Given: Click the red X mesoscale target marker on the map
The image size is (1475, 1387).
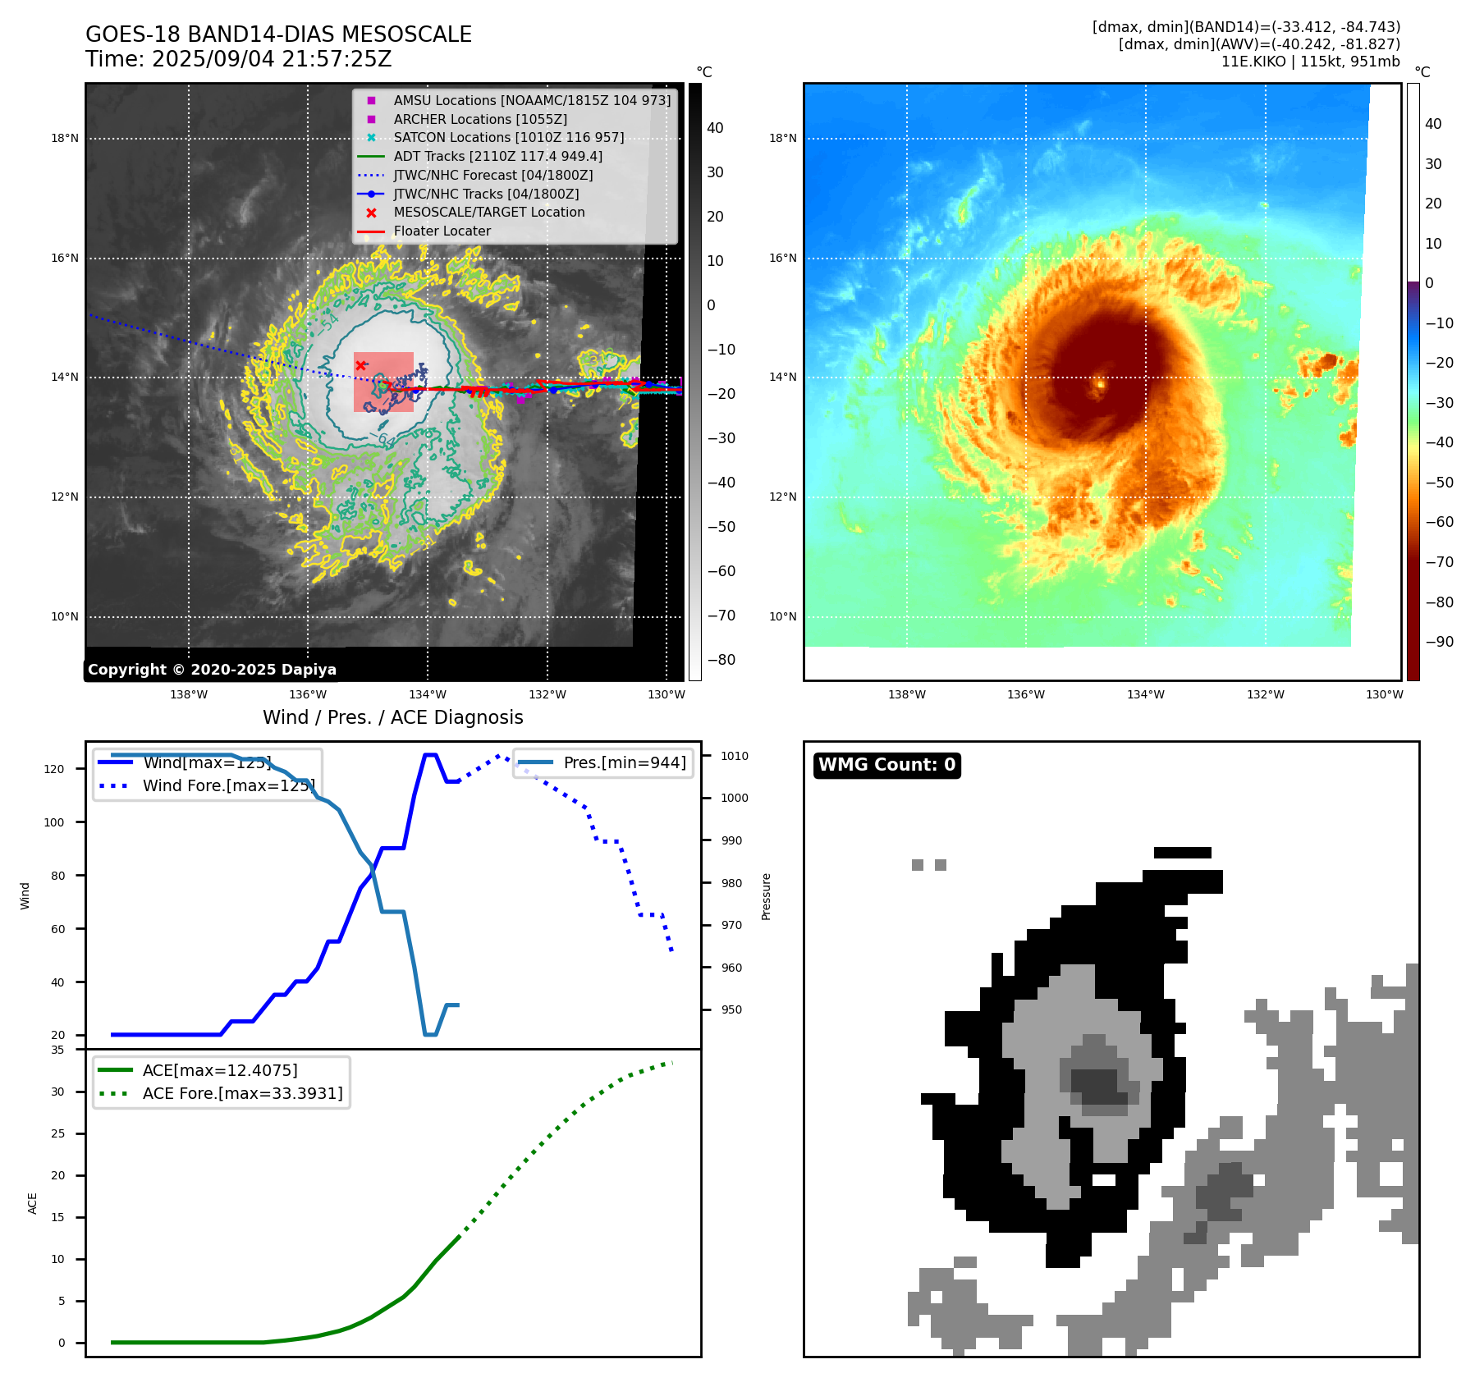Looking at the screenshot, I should point(360,365).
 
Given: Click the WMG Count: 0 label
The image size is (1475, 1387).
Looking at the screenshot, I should point(886,765).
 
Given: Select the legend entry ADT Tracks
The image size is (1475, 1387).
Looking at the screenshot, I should point(497,156).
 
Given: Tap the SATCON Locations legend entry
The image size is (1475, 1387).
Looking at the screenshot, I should point(508,137).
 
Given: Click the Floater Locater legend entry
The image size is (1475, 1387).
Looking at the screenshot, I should point(442,231).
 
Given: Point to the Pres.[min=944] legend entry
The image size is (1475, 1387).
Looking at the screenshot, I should point(624,762).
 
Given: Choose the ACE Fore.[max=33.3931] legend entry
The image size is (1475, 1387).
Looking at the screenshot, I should point(242,1093).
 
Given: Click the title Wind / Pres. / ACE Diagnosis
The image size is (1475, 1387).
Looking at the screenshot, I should point(392,717).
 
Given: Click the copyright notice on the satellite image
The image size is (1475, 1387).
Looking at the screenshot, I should point(212,670).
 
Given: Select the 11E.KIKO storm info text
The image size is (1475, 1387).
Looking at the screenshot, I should point(1310,62).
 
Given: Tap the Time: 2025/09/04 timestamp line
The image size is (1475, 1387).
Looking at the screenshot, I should point(238,59).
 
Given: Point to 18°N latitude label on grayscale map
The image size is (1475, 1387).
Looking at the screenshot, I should point(65,138).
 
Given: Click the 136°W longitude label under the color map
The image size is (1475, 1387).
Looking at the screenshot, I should point(1026,694).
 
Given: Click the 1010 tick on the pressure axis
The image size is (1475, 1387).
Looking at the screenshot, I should point(735,756).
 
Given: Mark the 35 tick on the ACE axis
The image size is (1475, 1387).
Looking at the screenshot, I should point(57,1050).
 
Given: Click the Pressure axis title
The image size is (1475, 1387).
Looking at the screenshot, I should point(766,896).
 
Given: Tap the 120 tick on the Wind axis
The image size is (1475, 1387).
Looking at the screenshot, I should point(54,769).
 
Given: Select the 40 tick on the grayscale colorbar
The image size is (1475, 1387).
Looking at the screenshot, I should point(715,128).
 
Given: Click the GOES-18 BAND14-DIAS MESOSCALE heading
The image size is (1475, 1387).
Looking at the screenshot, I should point(278,34).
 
